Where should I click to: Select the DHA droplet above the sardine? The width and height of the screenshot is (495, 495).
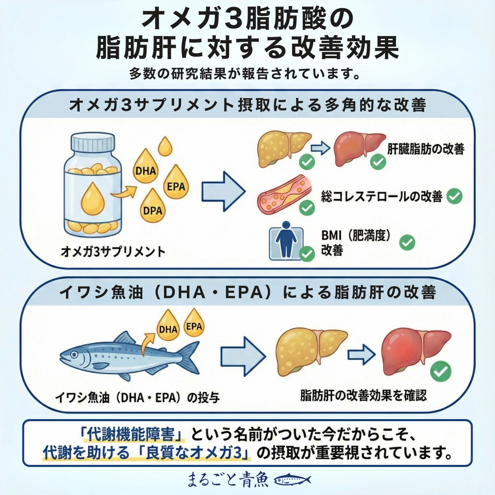point(168,327)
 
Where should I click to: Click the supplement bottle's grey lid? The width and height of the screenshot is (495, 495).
point(93,143)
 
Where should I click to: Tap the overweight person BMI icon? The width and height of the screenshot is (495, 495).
point(286,243)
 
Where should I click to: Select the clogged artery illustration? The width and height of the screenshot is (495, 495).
point(283,195)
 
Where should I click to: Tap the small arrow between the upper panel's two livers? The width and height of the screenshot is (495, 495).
point(320,148)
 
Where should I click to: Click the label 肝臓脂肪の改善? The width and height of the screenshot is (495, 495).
point(426,148)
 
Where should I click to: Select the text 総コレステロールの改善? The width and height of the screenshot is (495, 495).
point(382,196)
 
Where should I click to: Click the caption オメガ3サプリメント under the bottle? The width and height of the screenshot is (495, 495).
point(113,251)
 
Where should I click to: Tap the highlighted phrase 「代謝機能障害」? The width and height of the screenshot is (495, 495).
point(133,435)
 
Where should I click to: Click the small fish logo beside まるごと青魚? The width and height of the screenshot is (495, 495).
point(292,479)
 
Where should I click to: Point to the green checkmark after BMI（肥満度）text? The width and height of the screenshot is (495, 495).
point(407,243)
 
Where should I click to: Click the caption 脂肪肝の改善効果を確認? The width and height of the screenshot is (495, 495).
point(363,396)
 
